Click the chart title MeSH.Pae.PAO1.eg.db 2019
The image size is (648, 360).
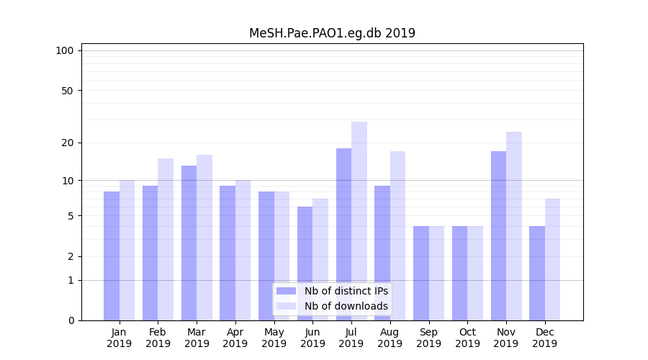point(332,33)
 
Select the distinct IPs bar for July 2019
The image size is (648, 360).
point(343,234)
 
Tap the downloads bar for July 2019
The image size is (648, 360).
point(359,221)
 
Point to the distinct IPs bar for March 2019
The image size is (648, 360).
point(189,243)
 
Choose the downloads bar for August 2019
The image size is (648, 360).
point(397,235)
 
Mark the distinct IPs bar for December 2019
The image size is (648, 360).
point(537,273)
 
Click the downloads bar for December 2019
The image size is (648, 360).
point(552,259)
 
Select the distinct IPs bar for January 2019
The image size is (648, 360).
point(112,256)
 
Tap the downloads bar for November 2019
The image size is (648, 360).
point(514,226)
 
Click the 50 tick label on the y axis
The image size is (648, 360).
point(67,91)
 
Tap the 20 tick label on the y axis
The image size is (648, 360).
point(67,143)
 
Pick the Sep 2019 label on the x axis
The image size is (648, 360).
point(428,338)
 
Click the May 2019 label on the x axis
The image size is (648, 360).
point(274,338)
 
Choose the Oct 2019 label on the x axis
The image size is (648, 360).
point(467,338)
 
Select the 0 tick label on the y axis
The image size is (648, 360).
point(71,320)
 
